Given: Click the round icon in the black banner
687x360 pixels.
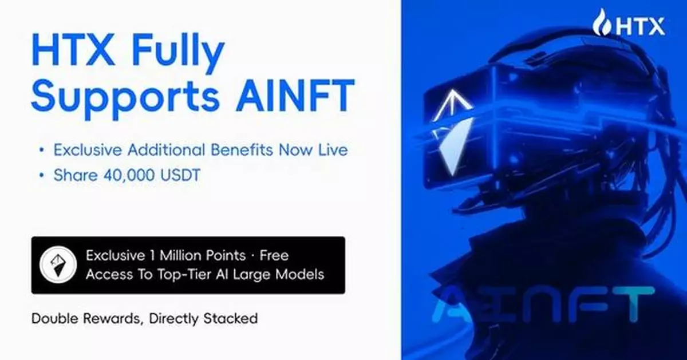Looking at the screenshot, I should tap(55, 265).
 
